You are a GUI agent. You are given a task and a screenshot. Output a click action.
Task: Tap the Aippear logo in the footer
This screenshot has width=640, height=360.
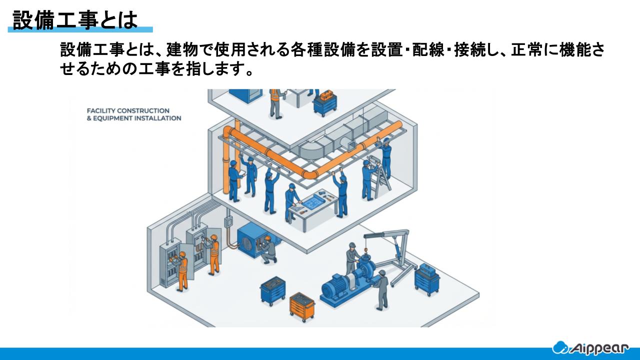pyautogui.click(x=594, y=347)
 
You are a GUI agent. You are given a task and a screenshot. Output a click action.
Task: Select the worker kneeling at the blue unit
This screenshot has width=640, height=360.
pyautogui.click(x=268, y=248)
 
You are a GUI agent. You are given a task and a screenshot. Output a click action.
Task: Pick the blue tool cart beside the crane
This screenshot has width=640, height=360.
pyautogui.click(x=426, y=279)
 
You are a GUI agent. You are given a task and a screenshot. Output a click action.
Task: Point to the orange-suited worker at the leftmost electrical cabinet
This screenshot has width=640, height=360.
pyautogui.click(x=182, y=270)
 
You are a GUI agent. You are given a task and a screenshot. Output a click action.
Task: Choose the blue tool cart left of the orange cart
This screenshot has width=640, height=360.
pyautogui.click(x=272, y=291)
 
